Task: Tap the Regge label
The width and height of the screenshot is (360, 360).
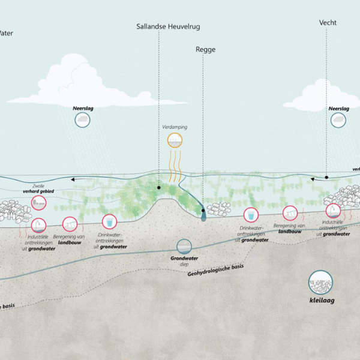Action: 205,50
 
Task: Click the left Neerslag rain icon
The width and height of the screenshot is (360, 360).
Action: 83,119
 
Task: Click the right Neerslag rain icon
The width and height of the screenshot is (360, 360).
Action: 338,119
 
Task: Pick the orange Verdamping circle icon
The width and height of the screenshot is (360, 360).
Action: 175,141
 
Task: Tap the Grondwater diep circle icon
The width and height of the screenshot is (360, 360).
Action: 184,246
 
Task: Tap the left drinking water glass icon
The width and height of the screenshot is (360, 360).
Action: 109,221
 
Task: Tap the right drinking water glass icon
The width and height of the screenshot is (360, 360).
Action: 250,214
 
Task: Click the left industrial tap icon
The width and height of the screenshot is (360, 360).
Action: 40,226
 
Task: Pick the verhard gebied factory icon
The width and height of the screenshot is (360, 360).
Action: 38,202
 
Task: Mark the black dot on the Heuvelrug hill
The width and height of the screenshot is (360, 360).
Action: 159,187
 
